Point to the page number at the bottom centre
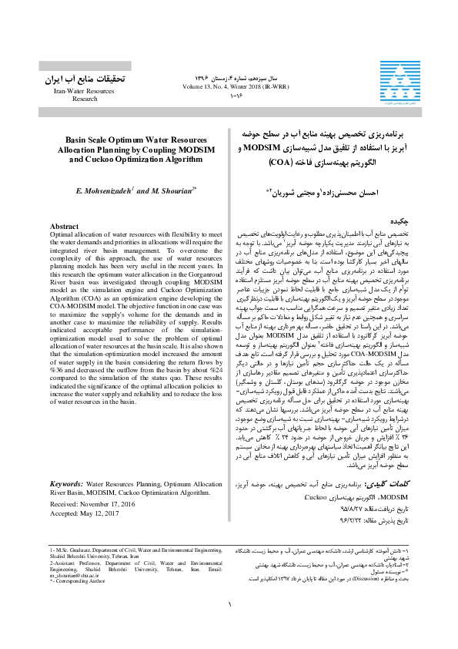click(x=229, y=625)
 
